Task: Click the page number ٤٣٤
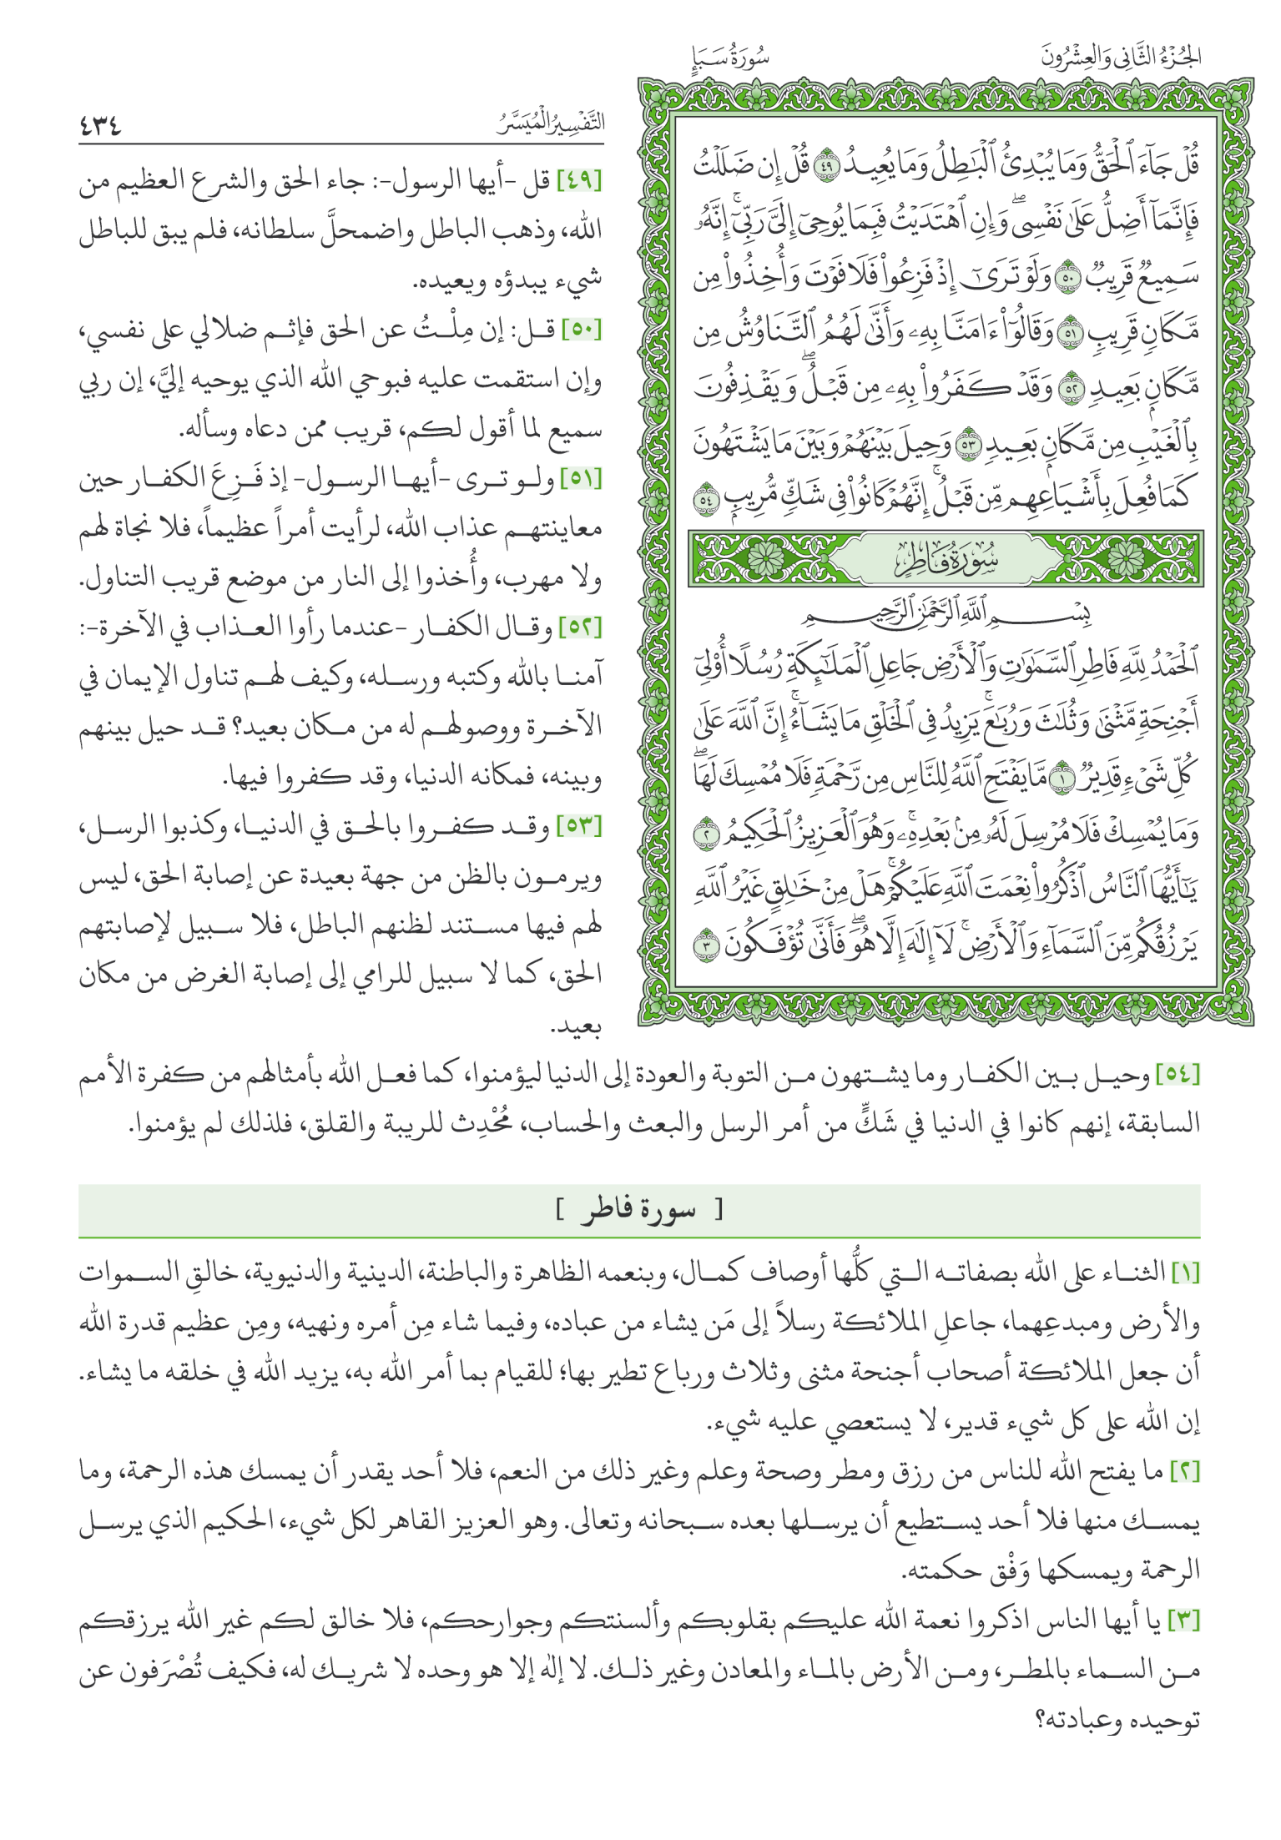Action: (100, 126)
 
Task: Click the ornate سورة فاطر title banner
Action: (946, 558)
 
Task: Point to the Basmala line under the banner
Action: (946, 615)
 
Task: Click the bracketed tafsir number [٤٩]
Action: (579, 180)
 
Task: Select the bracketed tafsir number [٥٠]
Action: (581, 330)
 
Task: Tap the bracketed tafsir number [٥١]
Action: (581, 479)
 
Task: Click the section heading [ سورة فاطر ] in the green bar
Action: (639, 1209)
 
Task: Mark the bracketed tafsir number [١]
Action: (1185, 1273)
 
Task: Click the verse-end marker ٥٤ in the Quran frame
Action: (707, 498)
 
